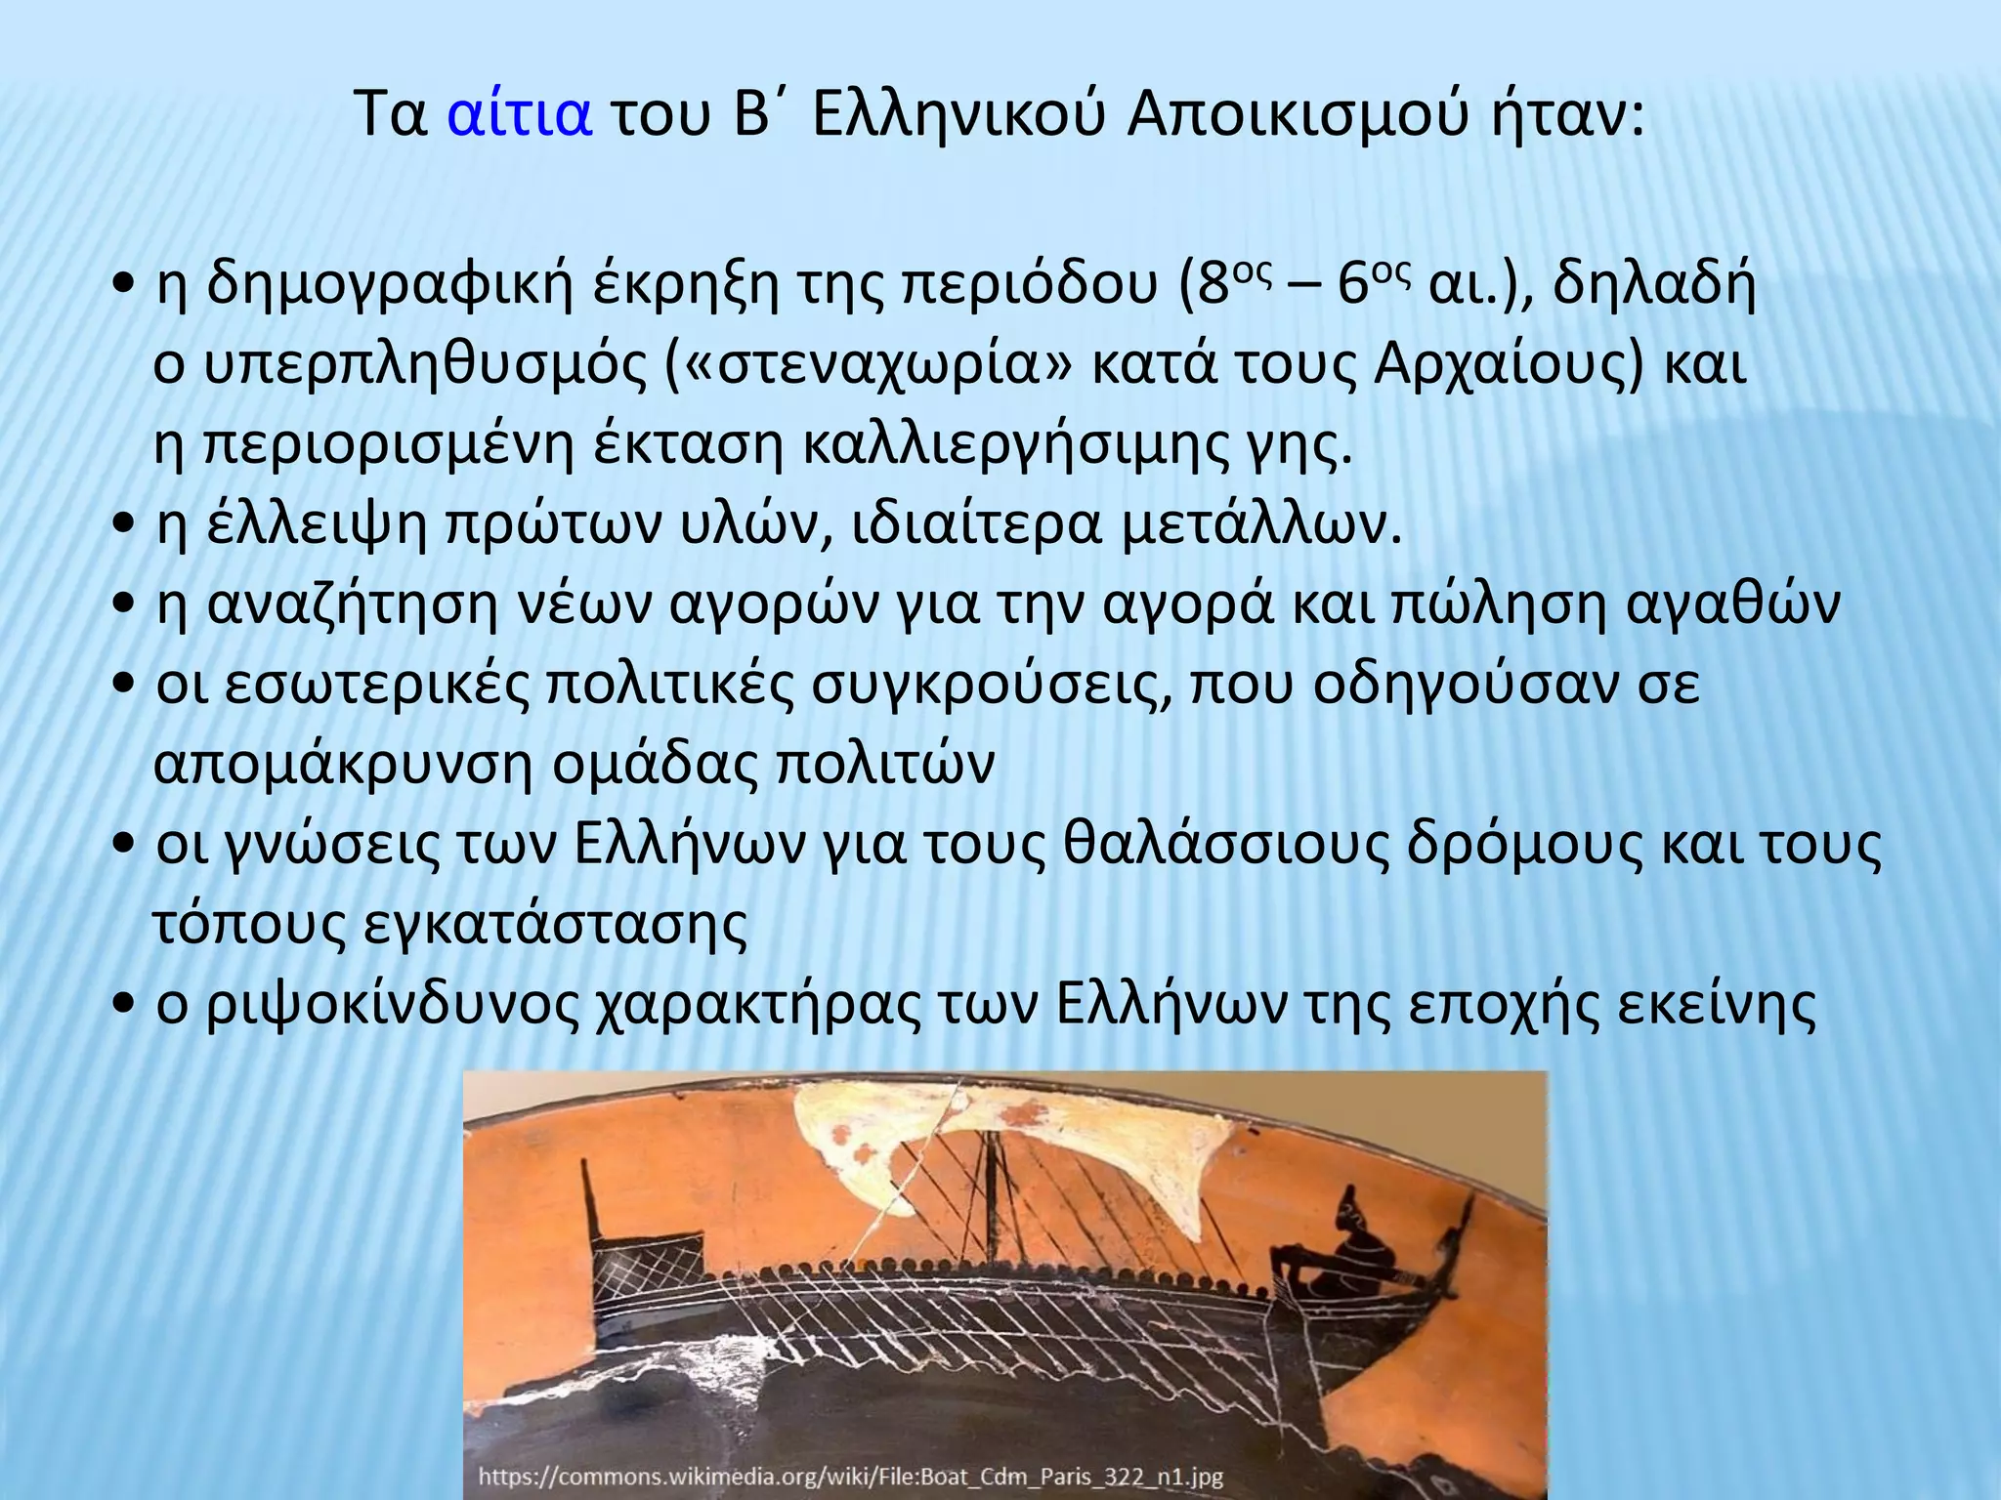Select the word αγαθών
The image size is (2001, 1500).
1733,604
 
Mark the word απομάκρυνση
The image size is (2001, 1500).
343,765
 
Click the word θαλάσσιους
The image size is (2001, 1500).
1226,845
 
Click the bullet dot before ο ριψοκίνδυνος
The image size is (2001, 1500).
123,1006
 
